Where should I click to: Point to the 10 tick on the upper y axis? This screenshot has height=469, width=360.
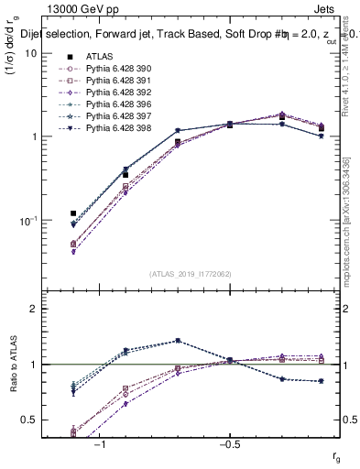point(29,53)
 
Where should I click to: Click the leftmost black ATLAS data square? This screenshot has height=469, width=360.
point(73,213)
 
